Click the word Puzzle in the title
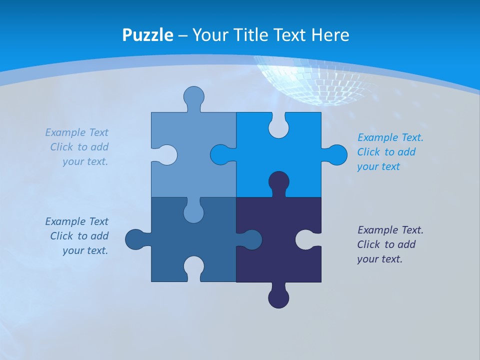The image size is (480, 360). tap(147, 35)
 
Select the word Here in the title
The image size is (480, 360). tap(330, 35)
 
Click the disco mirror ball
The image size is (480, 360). tap(315, 80)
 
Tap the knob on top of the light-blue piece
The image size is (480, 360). tap(193, 96)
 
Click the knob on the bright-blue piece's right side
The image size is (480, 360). tap(336, 154)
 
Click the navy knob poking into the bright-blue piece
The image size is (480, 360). tap(278, 181)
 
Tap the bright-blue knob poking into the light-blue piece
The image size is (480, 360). tap(220, 154)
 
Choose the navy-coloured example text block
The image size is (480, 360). tap(390, 244)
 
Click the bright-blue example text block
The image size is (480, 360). tap(390, 152)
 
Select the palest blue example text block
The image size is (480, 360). tap(77, 147)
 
